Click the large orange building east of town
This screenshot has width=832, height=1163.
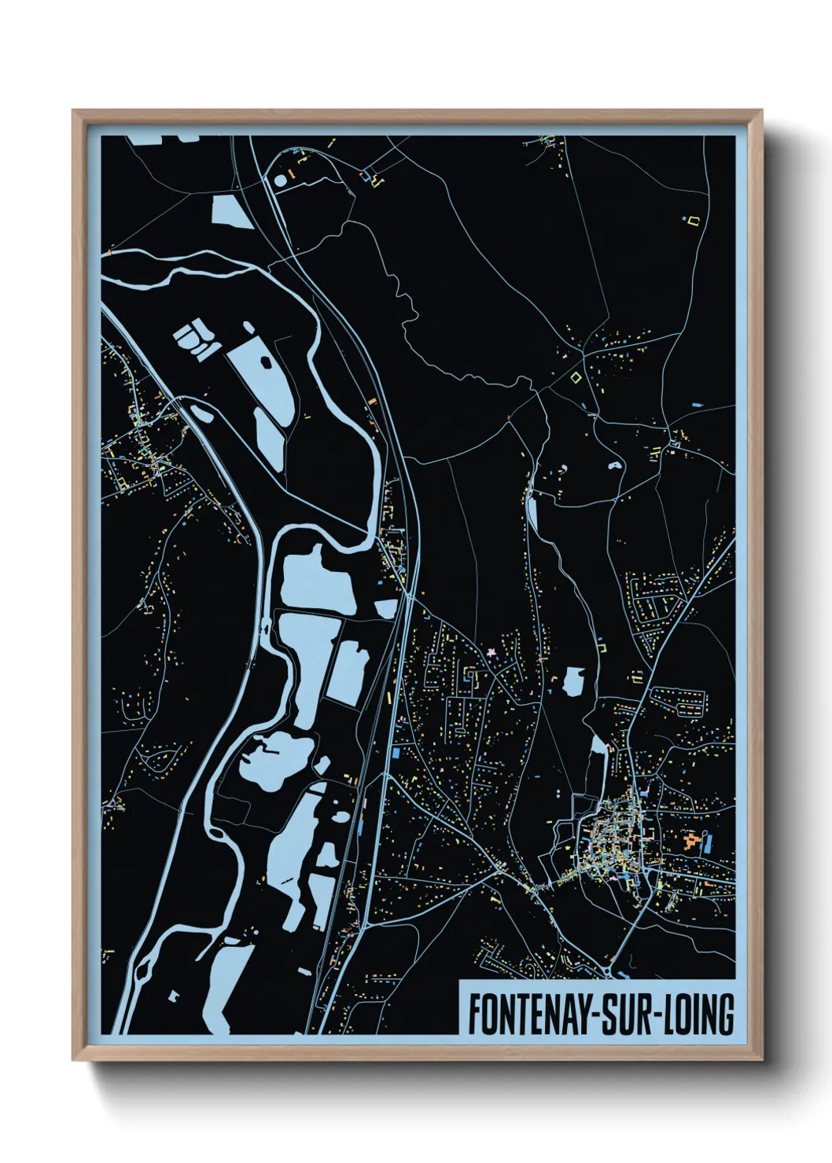(692, 842)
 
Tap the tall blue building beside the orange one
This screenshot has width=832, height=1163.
(706, 846)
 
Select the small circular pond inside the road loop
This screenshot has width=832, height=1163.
(281, 180)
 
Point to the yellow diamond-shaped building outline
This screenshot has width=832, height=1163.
(576, 377)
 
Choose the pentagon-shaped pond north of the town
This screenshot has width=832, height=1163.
(574, 681)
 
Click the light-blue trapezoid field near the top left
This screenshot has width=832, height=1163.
(230, 210)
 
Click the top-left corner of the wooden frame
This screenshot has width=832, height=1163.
(73, 111)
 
